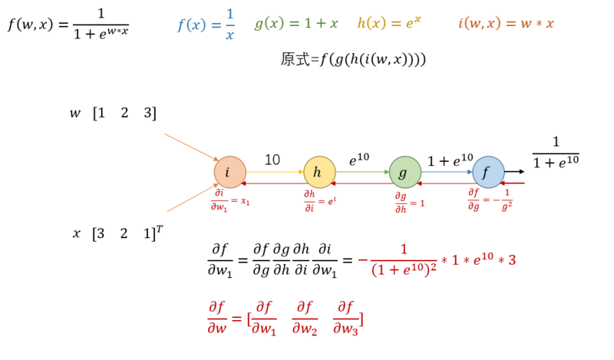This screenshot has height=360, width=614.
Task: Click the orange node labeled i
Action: [229, 173]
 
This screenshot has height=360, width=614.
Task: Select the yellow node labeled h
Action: [319, 173]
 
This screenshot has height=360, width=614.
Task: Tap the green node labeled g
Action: [404, 173]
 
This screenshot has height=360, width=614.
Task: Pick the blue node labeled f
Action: [487, 173]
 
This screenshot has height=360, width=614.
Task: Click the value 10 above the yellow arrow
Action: [272, 160]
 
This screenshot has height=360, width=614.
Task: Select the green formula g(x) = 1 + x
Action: [296, 23]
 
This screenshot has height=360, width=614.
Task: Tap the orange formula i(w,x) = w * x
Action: [506, 23]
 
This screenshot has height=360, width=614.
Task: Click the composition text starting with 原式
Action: [353, 59]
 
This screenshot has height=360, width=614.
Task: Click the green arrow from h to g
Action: [361, 173]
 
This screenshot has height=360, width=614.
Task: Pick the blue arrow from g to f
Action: [446, 173]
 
